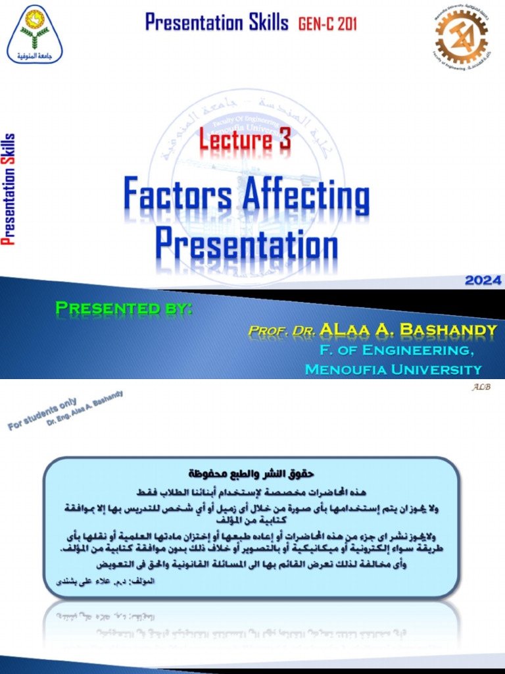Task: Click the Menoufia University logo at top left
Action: point(35,34)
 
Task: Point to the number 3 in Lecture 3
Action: point(284,140)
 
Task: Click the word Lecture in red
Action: point(235,140)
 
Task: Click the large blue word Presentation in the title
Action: point(247,244)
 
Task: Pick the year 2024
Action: point(483,280)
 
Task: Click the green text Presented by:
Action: point(124,308)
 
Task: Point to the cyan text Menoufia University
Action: point(393,369)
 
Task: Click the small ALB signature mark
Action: point(481,387)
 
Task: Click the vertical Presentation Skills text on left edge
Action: point(9,189)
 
